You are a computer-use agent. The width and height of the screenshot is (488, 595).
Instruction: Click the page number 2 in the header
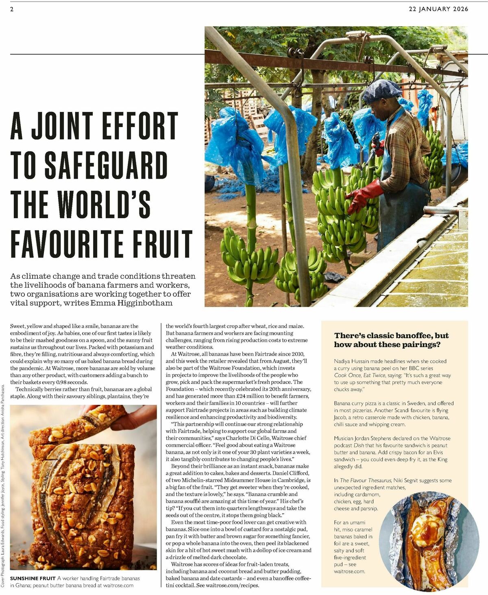(12, 9)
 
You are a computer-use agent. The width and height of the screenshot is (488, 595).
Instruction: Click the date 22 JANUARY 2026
(438, 9)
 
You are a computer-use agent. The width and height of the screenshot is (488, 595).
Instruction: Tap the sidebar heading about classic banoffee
(391, 340)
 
